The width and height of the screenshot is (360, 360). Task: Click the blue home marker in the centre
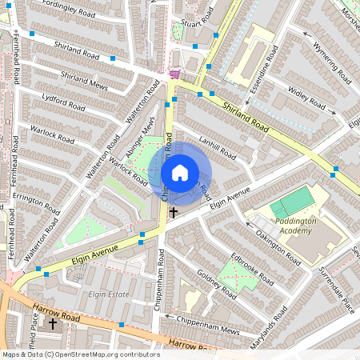click(x=180, y=172)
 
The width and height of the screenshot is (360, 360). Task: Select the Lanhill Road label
click(x=217, y=148)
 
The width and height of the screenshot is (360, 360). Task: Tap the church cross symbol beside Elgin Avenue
click(x=174, y=213)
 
